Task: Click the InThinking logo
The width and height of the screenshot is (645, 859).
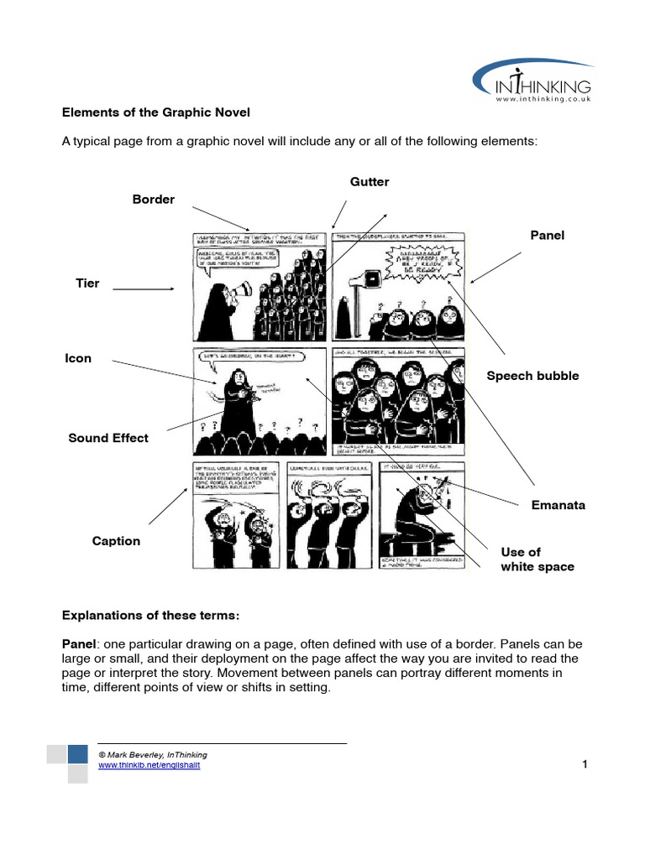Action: pyautogui.click(x=532, y=84)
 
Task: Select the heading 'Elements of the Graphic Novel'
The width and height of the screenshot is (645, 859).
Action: pyautogui.click(x=156, y=112)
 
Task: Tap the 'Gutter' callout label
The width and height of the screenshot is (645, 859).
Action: pyautogui.click(x=370, y=182)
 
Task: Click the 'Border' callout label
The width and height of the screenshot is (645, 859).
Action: pyautogui.click(x=154, y=200)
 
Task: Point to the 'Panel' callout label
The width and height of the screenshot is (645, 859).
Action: pyautogui.click(x=547, y=236)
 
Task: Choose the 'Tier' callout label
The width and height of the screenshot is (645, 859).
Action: pyautogui.click(x=87, y=284)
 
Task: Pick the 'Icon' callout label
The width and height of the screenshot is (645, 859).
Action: pyautogui.click(x=78, y=358)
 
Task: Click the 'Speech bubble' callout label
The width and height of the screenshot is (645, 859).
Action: pyautogui.click(x=532, y=376)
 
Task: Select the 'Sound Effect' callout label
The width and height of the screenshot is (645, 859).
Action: pyautogui.click(x=108, y=438)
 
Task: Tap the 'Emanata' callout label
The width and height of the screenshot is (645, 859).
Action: pyautogui.click(x=558, y=505)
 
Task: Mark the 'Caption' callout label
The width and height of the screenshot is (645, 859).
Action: pyautogui.click(x=116, y=541)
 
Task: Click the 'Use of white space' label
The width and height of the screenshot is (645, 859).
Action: pyautogui.click(x=537, y=560)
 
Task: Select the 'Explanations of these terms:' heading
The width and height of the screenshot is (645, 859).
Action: pyautogui.click(x=151, y=615)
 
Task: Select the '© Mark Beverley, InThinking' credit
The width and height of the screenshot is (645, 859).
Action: pyautogui.click(x=153, y=755)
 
